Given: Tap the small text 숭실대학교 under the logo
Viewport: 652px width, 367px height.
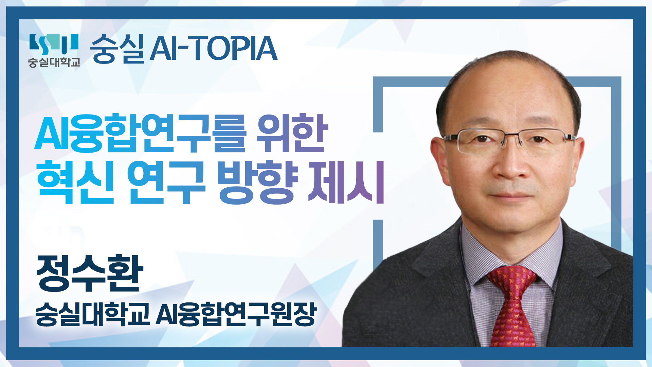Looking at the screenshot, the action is point(54,62).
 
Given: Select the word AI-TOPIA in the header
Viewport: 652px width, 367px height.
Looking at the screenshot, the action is point(213,49).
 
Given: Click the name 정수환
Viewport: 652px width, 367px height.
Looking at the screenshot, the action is point(90,273).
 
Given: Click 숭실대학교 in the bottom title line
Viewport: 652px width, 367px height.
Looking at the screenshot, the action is point(93,314).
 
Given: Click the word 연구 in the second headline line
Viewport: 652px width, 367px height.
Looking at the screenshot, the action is point(166,182).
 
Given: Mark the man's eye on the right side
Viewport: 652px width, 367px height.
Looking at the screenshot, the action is point(539,139).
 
